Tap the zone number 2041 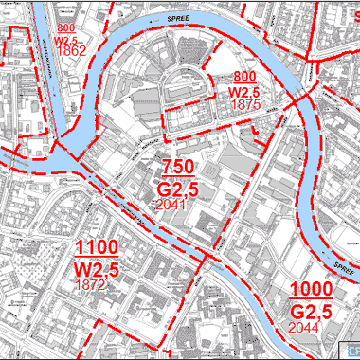click(177, 204)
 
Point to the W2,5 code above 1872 click(97, 270)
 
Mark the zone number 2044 click(310, 327)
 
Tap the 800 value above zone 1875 click(245, 76)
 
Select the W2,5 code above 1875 click(245, 92)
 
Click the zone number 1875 click(244, 105)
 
